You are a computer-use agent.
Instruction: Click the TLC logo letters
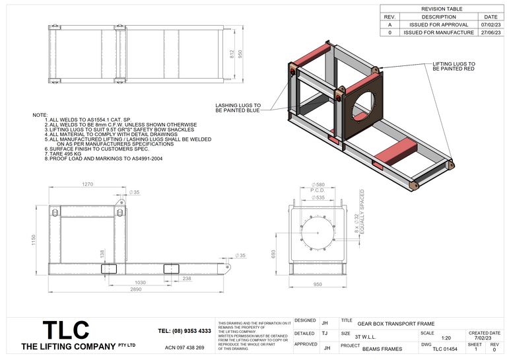pyautogui.click(x=65, y=330)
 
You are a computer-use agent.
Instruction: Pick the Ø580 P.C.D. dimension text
pyautogui.click(x=319, y=187)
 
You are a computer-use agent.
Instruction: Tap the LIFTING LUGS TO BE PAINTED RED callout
pyautogui.click(x=454, y=67)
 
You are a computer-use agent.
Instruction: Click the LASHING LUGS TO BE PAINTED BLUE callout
pyautogui.click(x=238, y=108)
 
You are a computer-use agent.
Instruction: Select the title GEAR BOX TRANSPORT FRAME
pyautogui.click(x=396, y=324)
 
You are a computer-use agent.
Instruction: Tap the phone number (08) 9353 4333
pyautogui.click(x=185, y=331)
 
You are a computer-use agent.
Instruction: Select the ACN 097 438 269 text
pyautogui.click(x=184, y=347)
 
